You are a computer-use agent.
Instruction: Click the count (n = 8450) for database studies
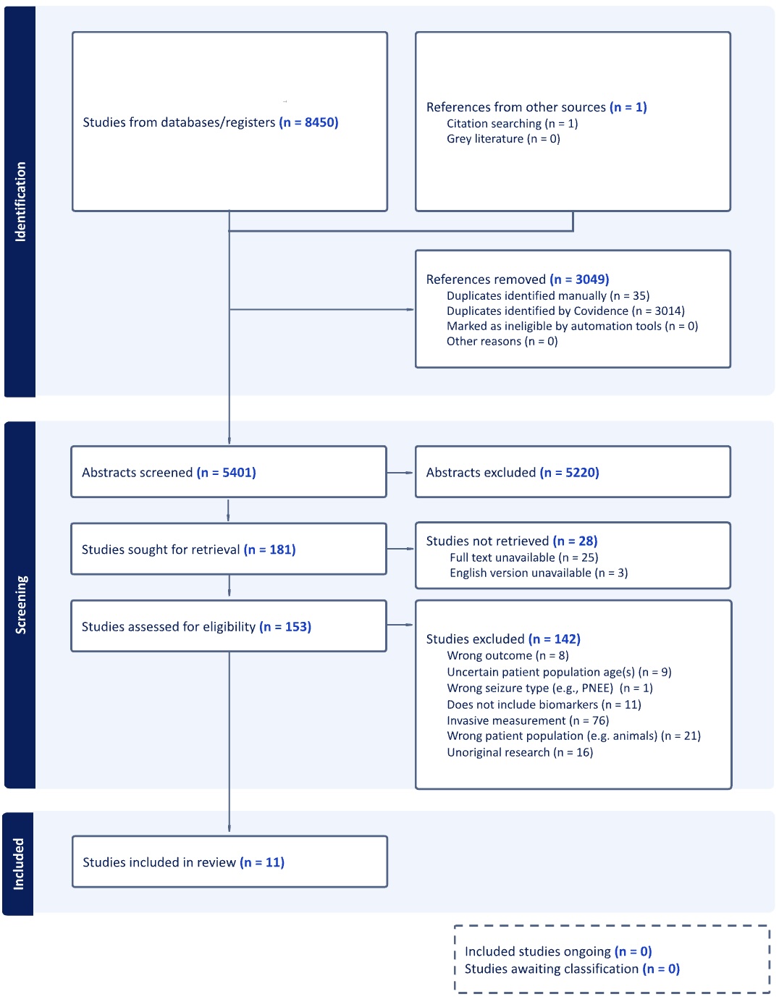[308, 122]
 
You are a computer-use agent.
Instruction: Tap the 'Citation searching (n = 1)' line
[512, 124]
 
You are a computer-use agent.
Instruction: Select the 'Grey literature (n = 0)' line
[503, 139]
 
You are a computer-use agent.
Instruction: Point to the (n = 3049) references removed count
[579, 279]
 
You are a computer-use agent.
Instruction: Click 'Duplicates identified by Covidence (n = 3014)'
[565, 311]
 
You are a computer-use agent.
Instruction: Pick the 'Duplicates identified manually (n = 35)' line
[548, 296]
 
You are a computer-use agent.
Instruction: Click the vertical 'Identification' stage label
[20, 201]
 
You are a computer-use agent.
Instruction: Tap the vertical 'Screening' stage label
[21, 605]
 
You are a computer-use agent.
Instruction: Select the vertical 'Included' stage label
[19, 864]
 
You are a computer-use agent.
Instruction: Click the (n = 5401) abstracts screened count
[227, 473]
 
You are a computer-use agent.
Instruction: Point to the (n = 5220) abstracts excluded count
[570, 473]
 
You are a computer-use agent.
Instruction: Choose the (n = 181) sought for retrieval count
[269, 550]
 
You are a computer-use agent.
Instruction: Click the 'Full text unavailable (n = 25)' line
[523, 557]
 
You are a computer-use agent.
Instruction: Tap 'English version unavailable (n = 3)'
[539, 573]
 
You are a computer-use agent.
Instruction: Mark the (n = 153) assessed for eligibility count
[285, 627]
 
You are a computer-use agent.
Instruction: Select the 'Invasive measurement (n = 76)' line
[528, 720]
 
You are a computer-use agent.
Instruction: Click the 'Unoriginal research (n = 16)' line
[520, 752]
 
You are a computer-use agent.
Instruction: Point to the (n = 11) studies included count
[262, 862]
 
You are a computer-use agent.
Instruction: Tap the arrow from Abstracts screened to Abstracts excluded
[400, 473]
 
